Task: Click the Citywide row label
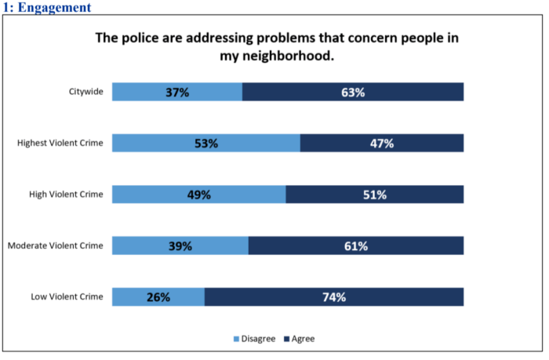tap(85, 93)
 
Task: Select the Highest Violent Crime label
tap(60, 144)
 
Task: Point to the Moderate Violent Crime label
tap(55, 245)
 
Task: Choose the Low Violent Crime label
tap(67, 296)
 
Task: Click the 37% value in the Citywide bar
tap(177, 93)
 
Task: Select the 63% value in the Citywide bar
tap(353, 93)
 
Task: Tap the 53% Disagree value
tap(206, 144)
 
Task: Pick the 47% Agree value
tap(381, 144)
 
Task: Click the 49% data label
tap(198, 195)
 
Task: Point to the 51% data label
tap(374, 195)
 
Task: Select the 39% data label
tap(180, 245)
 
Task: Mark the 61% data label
tap(356, 245)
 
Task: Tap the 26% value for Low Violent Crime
tap(158, 296)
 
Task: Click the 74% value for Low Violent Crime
tap(333, 296)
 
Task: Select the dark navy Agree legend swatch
tap(286, 339)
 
